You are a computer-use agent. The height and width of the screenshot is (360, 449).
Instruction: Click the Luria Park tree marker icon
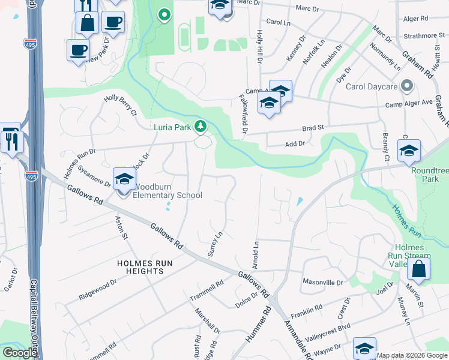click(x=202, y=126)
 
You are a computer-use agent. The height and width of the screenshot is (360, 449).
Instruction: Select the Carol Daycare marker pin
click(x=408, y=86)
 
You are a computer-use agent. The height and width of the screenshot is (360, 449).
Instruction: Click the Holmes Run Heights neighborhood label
click(x=133, y=267)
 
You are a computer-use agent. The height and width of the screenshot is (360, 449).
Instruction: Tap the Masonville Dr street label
click(x=322, y=281)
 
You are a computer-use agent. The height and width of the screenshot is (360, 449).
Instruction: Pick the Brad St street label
click(x=313, y=128)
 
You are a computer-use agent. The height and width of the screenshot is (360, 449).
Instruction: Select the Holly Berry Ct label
click(x=121, y=105)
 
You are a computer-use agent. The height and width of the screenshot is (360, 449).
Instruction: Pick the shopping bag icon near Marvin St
click(x=418, y=271)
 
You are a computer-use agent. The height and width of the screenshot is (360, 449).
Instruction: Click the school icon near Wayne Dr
click(x=364, y=349)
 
